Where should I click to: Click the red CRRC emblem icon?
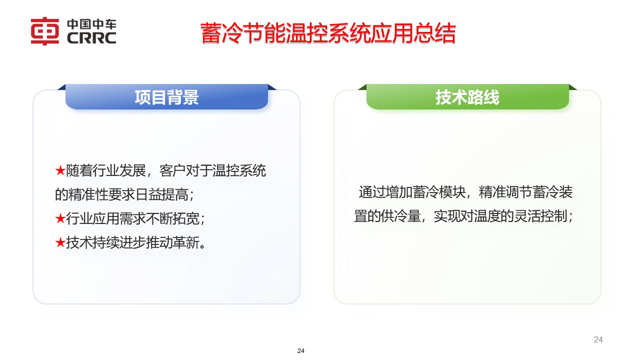click(45, 31)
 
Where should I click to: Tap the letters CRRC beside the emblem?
click(90, 38)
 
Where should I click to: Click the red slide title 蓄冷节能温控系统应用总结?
click(328, 33)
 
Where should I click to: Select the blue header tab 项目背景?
click(166, 97)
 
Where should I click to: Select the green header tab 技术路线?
click(467, 97)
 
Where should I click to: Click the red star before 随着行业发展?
click(60, 171)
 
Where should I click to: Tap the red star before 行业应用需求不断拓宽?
click(60, 218)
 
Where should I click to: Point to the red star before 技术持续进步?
click(60, 243)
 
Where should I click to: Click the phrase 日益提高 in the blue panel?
click(163, 194)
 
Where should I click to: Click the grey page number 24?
click(598, 340)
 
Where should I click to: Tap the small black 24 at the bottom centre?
click(301, 351)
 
